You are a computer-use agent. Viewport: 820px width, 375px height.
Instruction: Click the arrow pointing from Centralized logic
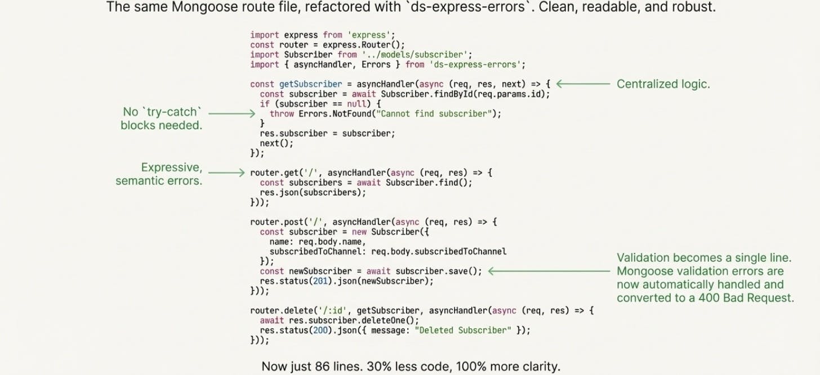click(x=583, y=84)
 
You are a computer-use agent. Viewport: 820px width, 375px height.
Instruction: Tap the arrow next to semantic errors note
click(x=227, y=173)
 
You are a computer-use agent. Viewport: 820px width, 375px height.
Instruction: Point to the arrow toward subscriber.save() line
click(x=549, y=271)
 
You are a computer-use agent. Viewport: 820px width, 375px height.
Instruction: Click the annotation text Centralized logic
click(x=663, y=84)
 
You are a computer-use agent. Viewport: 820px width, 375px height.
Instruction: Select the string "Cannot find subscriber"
click(x=436, y=114)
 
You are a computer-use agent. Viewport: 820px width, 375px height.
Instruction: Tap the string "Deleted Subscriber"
click(x=463, y=330)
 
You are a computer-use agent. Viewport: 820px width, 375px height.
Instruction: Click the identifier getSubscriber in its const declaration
click(x=310, y=84)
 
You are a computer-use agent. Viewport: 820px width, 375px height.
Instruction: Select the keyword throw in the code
click(x=282, y=114)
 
